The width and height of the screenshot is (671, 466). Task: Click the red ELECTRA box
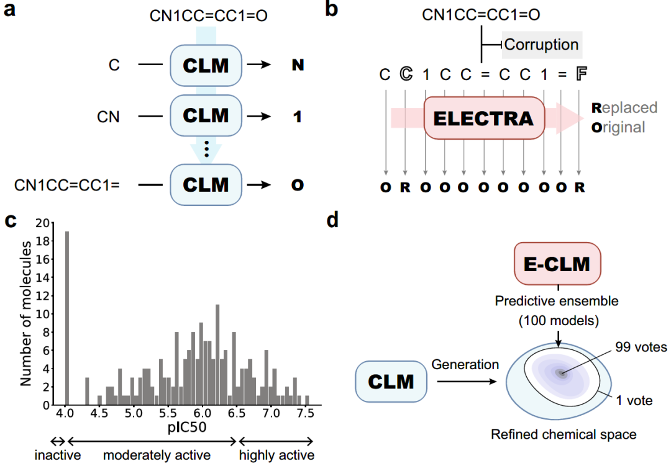click(x=483, y=118)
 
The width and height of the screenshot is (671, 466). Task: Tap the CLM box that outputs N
click(x=205, y=65)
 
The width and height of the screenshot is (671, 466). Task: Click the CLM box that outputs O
click(x=205, y=184)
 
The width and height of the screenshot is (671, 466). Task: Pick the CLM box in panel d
click(x=391, y=381)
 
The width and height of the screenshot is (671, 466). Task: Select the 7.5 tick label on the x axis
click(x=304, y=413)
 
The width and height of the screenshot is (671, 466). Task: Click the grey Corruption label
click(x=541, y=45)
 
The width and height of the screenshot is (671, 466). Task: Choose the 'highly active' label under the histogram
click(x=277, y=455)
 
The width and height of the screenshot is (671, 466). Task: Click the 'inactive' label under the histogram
click(x=57, y=455)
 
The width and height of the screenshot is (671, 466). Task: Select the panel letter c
click(x=11, y=221)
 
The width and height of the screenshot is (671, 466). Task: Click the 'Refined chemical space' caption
click(x=564, y=434)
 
